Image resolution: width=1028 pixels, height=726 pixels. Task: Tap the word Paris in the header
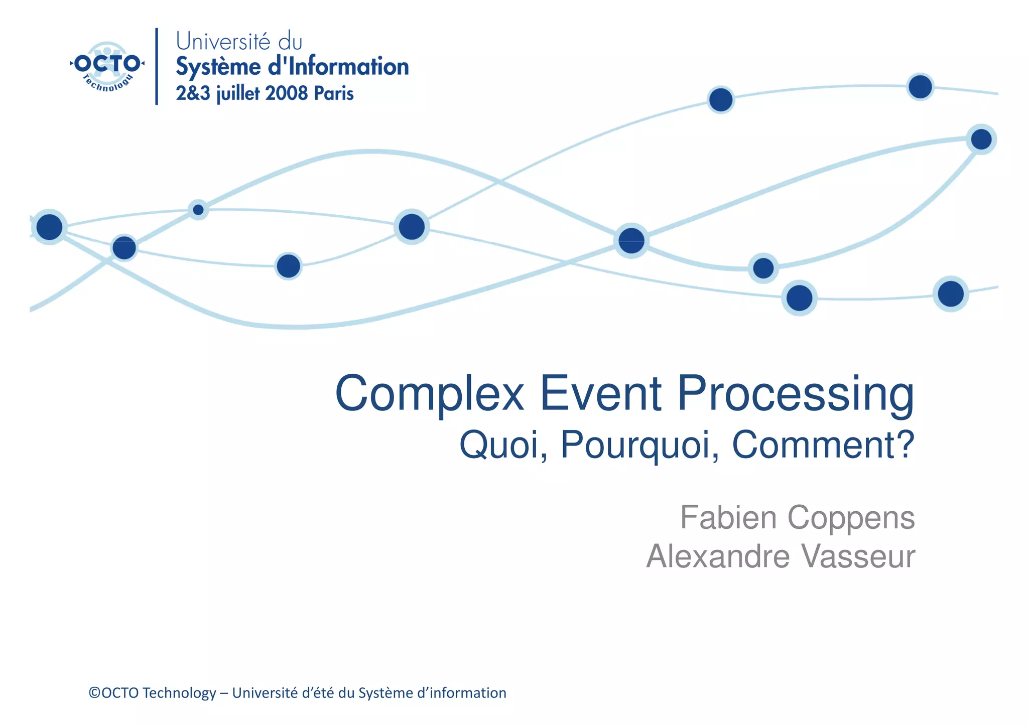click(x=334, y=93)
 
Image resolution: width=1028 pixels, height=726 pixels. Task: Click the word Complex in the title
click(x=430, y=394)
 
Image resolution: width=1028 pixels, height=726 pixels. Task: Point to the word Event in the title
click(x=600, y=394)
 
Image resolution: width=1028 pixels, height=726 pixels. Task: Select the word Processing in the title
click(x=796, y=394)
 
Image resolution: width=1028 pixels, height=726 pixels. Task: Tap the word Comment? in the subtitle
click(x=823, y=445)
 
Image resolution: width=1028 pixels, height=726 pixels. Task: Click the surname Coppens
click(x=851, y=518)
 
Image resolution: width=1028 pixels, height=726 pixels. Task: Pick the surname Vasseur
click(x=858, y=556)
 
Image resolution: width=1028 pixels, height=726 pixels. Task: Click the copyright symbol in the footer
click(x=94, y=693)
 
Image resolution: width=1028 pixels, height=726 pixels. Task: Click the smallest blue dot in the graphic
click(x=198, y=210)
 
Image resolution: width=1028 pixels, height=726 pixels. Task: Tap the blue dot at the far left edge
click(x=49, y=227)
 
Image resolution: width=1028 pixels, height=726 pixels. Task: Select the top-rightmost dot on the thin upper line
click(x=920, y=87)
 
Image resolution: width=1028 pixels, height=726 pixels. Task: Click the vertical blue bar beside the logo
click(x=157, y=66)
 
